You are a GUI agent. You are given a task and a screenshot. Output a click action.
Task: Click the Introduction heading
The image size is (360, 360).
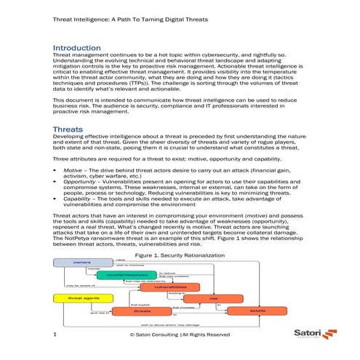pyautogui.click(x=81, y=48)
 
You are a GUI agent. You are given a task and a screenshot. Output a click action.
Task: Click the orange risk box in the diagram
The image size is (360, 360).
pyautogui.click(x=213, y=298)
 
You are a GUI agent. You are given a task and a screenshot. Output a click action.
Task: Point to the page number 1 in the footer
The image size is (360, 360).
pyautogui.click(x=55, y=335)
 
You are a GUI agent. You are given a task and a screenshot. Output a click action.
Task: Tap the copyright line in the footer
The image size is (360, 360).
pyautogui.click(x=179, y=335)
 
